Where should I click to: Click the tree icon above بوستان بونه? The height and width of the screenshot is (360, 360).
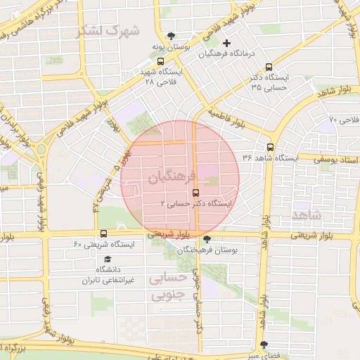(171, 36)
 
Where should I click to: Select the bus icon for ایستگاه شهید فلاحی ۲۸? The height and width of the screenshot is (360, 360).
(161, 61)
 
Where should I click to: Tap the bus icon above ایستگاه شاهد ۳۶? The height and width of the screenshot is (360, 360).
(271, 148)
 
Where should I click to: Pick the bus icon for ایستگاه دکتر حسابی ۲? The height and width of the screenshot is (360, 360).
(195, 192)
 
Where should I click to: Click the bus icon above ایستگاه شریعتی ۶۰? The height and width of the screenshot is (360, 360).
(104, 233)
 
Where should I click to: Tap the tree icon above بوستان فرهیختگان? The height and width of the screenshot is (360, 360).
(206, 239)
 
